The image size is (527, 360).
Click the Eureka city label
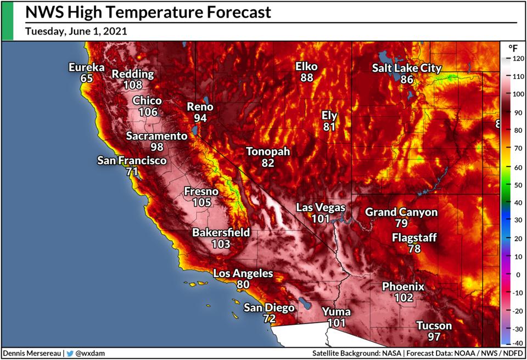pyautogui.click(x=86, y=67)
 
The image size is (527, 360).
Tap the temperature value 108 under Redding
pyautogui.click(x=133, y=85)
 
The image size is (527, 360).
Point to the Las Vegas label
pyautogui.click(x=321, y=207)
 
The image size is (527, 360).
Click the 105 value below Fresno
pyautogui.click(x=201, y=203)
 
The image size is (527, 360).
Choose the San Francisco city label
pyautogui.click(x=131, y=161)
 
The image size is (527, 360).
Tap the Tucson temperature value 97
pyautogui.click(x=434, y=336)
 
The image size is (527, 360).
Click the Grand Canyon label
pyautogui.click(x=401, y=212)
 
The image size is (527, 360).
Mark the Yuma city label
pyautogui.click(x=336, y=312)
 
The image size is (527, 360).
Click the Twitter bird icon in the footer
pyautogui.click(x=69, y=353)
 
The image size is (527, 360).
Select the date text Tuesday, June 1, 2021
pyautogui.click(x=76, y=31)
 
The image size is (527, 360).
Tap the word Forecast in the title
pyautogui.click(x=231, y=12)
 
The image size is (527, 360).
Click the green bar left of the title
pyautogui.click(x=7, y=20)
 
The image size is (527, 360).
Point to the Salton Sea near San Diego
pyautogui.click(x=304, y=303)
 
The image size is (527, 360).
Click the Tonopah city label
pyautogui.click(x=267, y=151)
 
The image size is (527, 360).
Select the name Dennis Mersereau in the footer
pyautogui.click(x=31, y=353)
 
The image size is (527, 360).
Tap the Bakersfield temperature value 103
pyautogui.click(x=221, y=243)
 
